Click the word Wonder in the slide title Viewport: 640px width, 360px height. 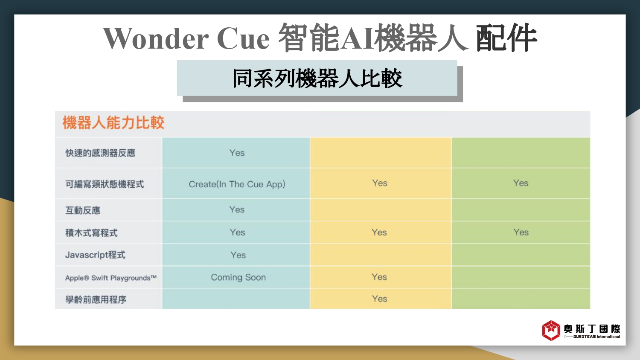[156, 38]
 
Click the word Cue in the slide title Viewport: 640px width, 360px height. [243, 38]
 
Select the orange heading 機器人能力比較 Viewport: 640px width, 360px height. [113, 123]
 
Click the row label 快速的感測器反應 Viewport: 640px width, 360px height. [100, 153]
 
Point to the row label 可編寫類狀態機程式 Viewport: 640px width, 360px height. [105, 184]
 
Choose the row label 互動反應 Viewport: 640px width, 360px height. [83, 211]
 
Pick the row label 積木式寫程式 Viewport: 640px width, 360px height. [91, 233]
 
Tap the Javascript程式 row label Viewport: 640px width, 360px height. [95, 255]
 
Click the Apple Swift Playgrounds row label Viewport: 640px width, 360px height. [111, 278]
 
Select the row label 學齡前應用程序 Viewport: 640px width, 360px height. [96, 300]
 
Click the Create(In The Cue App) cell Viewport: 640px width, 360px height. [237, 184]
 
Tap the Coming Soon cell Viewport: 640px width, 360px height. [238, 277]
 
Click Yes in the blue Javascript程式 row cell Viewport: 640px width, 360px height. [238, 255]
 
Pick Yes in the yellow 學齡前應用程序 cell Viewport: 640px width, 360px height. [379, 299]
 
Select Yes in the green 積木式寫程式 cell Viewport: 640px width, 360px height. [521, 232]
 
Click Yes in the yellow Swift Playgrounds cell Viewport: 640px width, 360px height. [379, 277]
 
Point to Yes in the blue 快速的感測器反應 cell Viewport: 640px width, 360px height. [237, 153]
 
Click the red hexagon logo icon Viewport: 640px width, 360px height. [551, 331]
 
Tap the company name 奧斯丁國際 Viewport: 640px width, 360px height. [592, 329]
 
